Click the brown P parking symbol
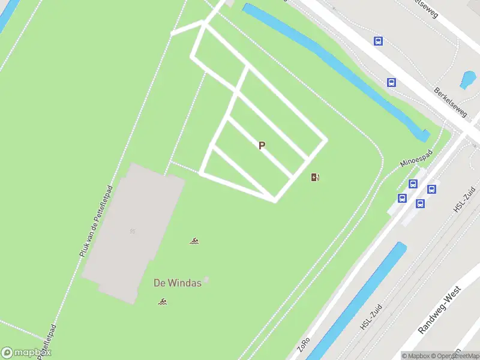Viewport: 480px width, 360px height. [x=261, y=146]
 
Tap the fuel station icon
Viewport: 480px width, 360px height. [x=315, y=177]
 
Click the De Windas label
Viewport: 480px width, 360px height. [x=177, y=283]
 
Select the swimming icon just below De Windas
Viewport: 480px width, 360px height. [x=162, y=301]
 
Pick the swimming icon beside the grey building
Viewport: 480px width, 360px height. [x=194, y=242]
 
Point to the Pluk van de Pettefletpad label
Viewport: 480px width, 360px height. [x=95, y=221]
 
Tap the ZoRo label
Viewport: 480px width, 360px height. [x=303, y=346]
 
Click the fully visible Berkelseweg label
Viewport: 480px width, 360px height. [x=451, y=101]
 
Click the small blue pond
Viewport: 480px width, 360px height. [x=468, y=79]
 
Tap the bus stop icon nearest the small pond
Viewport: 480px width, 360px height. [x=391, y=83]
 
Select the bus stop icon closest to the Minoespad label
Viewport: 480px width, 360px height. [x=413, y=184]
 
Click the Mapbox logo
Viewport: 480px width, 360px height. [x=26, y=352]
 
